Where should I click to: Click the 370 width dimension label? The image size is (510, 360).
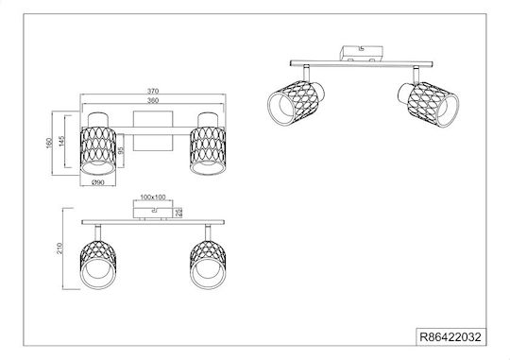153,91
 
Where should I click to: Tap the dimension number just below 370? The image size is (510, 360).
153,100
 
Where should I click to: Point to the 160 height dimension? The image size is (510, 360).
49,144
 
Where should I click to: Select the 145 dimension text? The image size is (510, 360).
62,141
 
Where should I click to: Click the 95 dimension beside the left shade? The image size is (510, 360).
121,150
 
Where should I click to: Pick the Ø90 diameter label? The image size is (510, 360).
98,182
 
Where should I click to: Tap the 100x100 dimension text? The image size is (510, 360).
153,197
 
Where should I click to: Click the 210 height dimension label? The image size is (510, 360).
60,249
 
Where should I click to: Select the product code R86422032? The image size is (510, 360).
450,337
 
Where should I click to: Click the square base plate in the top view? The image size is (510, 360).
153,131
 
